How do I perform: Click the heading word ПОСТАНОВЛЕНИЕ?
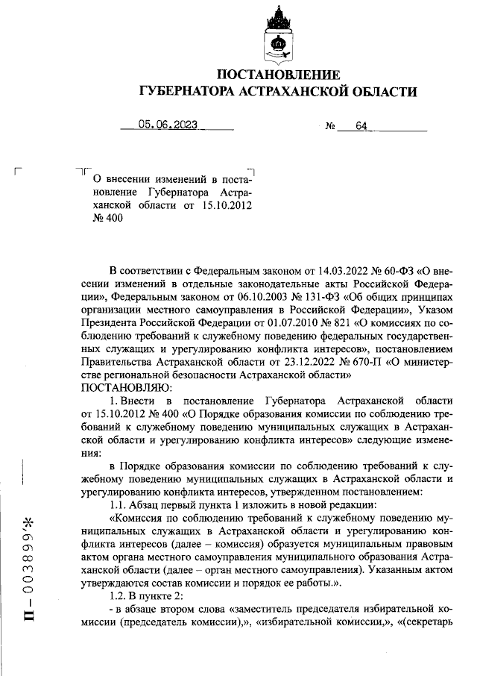278,75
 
